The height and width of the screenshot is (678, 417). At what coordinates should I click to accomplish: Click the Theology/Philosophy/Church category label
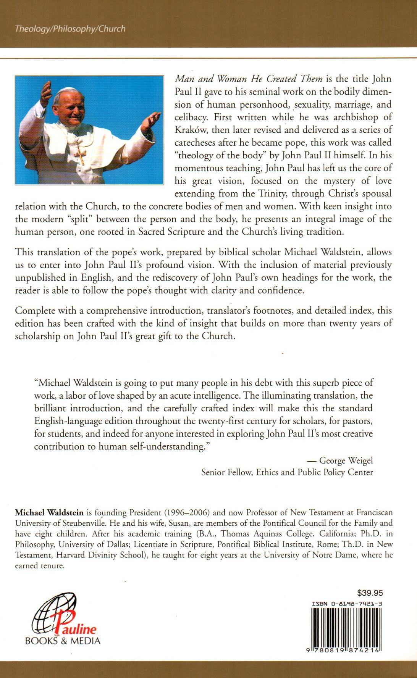70,29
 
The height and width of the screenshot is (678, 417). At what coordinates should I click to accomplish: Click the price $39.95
370,593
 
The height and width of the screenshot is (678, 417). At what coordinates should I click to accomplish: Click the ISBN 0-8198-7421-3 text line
347,604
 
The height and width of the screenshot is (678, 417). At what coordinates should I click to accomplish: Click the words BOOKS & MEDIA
63,641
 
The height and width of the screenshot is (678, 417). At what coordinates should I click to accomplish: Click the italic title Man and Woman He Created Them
249,79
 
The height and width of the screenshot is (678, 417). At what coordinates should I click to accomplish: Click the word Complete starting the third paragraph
34,311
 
